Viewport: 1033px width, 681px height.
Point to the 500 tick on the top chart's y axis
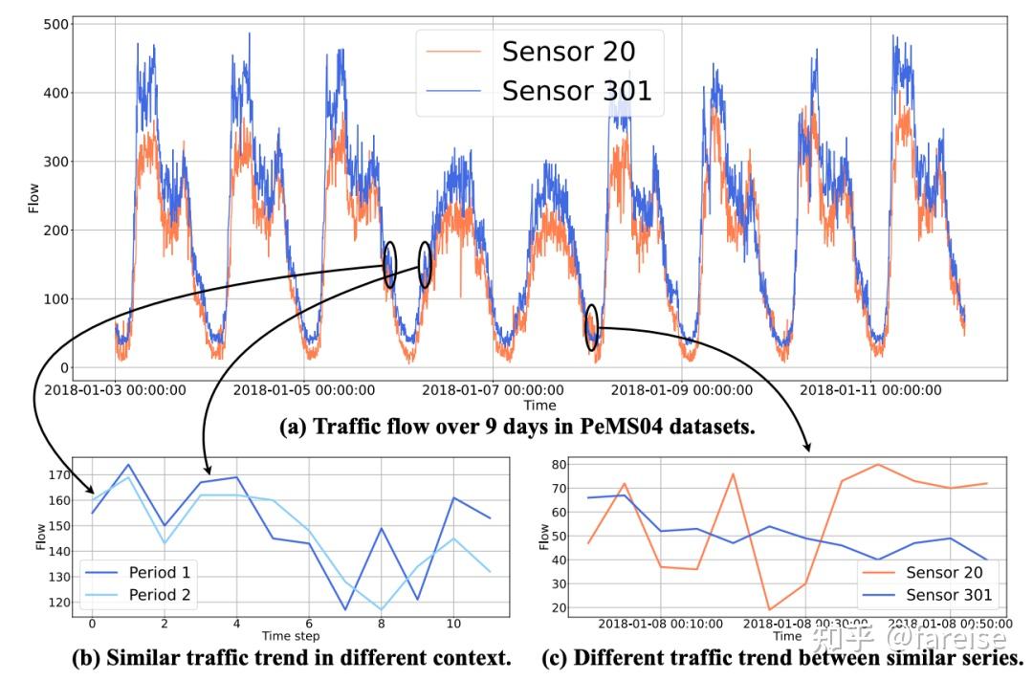point(58,24)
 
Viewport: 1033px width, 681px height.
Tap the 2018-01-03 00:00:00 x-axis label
point(116,390)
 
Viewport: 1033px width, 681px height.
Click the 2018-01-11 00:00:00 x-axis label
point(870,390)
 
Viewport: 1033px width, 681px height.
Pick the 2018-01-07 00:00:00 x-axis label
point(493,390)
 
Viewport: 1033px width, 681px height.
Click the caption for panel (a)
point(516,428)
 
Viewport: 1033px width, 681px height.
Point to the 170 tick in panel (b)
point(58,474)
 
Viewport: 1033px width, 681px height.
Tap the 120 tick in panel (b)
point(58,603)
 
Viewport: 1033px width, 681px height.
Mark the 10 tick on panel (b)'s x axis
point(454,624)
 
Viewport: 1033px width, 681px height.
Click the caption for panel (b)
point(292,658)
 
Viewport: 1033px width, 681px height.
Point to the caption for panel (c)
point(782,658)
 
